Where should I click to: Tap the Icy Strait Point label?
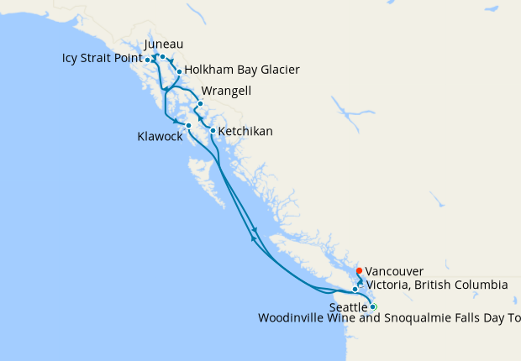click(x=101, y=60)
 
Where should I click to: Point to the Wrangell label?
click(x=226, y=91)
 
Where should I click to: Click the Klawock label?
click(x=160, y=136)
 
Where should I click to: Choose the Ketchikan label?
click(x=245, y=132)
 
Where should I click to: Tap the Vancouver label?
click(x=394, y=271)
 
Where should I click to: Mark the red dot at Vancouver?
click(x=359, y=270)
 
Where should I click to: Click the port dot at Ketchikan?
click(x=213, y=131)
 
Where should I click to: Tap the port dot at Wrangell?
click(x=200, y=104)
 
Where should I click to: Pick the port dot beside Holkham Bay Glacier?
click(x=179, y=72)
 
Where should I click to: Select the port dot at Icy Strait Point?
click(x=148, y=60)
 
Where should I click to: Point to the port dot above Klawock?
click(x=188, y=125)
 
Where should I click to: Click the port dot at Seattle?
click(x=373, y=306)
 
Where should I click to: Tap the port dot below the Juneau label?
click(x=162, y=57)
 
